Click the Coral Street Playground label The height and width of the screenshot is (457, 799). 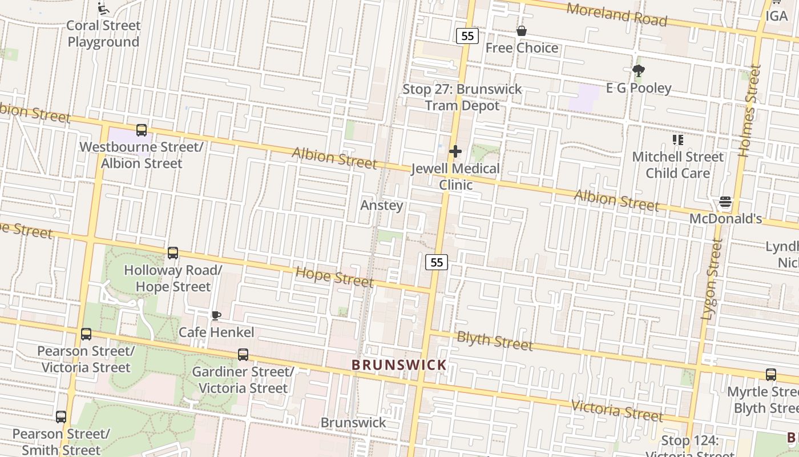click(103, 34)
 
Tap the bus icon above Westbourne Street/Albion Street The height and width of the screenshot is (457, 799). click(142, 130)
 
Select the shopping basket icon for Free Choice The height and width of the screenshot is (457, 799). click(521, 31)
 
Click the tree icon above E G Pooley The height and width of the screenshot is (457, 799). click(638, 71)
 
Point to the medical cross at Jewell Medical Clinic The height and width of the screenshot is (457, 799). click(455, 151)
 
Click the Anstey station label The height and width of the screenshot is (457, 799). click(382, 205)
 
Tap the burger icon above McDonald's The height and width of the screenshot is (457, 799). click(725, 202)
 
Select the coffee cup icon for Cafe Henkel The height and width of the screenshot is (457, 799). click(216, 315)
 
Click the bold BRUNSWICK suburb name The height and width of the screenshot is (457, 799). click(399, 364)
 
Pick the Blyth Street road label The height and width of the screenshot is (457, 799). click(495, 341)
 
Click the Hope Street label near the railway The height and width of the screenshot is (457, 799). click(334, 277)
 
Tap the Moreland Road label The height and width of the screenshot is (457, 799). click(616, 15)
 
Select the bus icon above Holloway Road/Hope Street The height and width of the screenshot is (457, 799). click(173, 252)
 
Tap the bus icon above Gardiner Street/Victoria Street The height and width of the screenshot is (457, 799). click(243, 355)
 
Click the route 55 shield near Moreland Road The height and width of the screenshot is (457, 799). click(467, 36)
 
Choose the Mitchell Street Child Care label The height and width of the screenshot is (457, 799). click(677, 165)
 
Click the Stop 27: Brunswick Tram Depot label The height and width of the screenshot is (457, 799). click(462, 97)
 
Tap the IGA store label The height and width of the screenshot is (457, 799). click(776, 16)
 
